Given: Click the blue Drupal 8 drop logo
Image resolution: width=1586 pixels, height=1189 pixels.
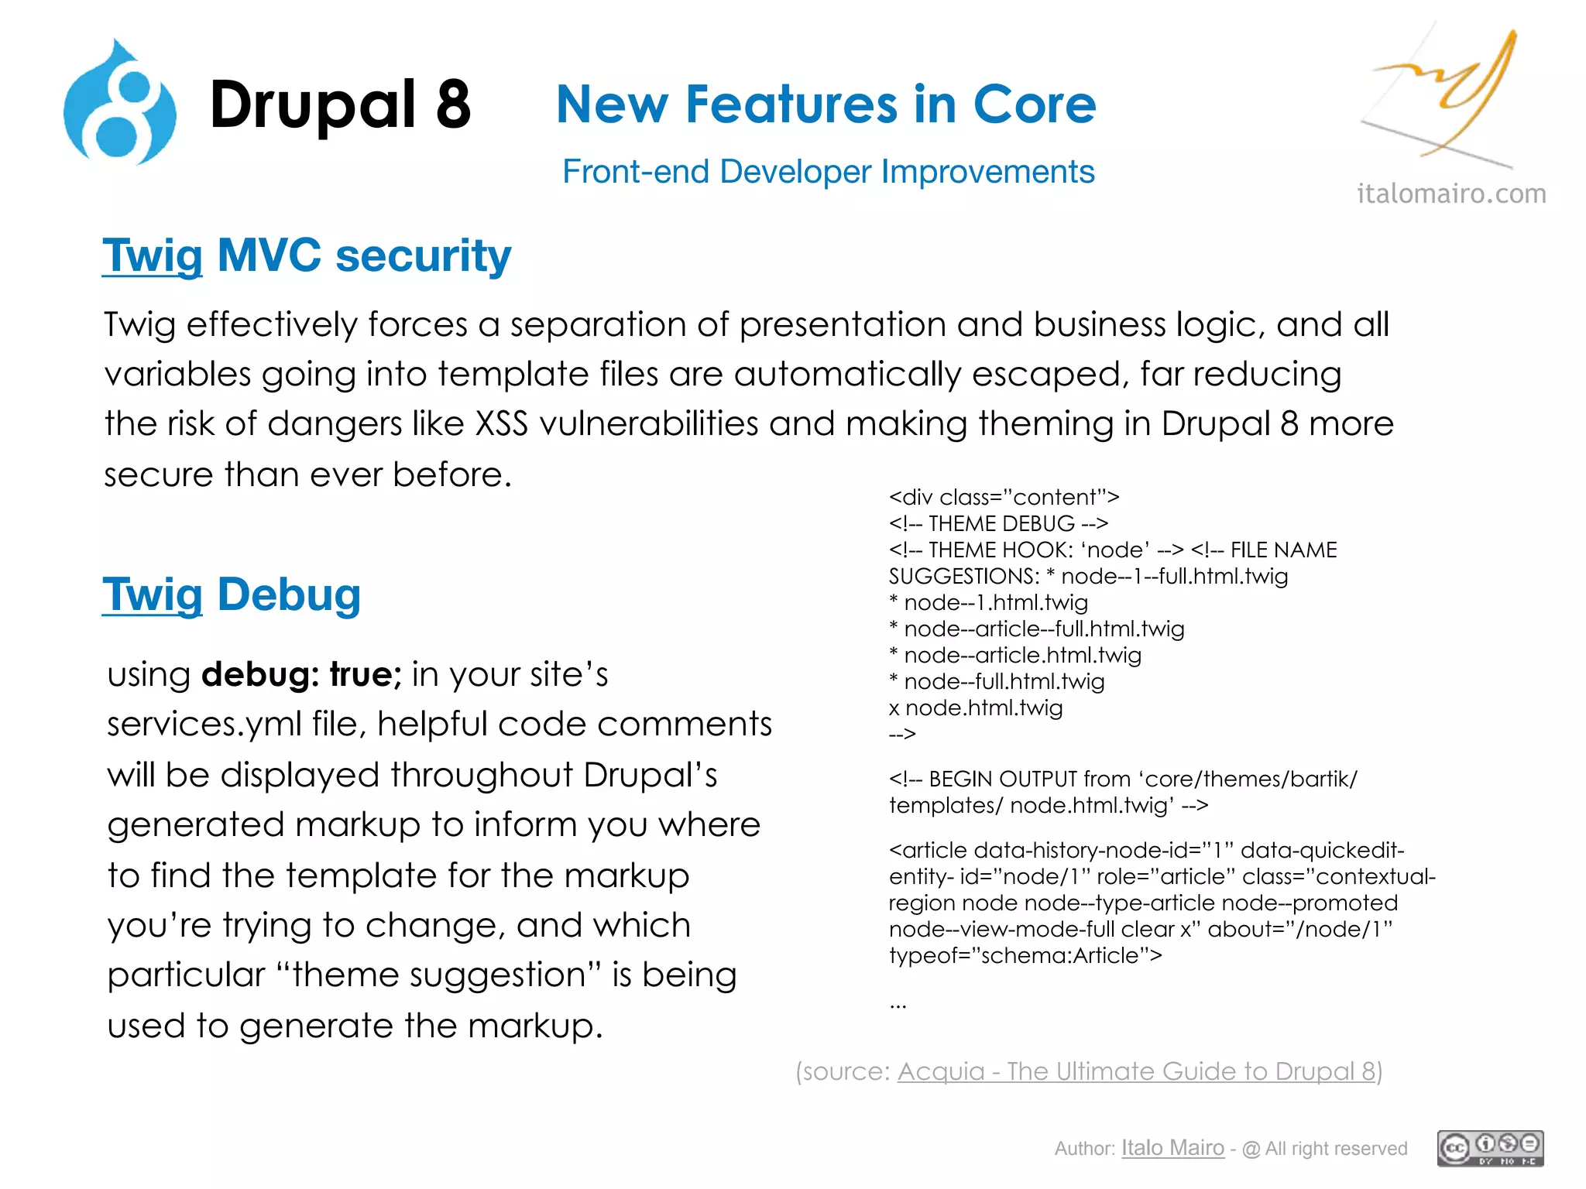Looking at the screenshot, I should pos(120,105).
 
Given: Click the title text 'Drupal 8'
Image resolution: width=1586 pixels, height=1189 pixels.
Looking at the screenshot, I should pos(340,105).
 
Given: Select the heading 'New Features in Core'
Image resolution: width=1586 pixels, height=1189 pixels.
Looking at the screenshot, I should pos(826,105).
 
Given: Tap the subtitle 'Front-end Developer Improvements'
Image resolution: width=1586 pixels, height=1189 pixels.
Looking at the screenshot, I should pos(828,172).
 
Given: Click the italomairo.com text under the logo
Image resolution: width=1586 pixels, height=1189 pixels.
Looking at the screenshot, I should pos(1451,194).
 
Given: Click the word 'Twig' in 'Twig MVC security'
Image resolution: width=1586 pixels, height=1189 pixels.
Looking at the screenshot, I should pos(153,255).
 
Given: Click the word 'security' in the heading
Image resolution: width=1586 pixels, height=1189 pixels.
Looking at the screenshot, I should pos(423,255).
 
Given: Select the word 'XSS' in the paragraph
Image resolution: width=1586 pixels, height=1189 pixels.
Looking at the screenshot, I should pos(501,424).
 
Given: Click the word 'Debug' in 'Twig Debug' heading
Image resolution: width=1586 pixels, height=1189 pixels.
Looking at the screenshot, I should pos(289,594).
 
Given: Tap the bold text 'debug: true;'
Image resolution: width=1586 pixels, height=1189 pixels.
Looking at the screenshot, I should pos(301,674).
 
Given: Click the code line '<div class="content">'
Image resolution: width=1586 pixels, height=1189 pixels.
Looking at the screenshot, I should pos(1004,497).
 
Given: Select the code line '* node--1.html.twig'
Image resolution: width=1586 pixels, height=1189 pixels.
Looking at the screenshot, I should pos(989,602).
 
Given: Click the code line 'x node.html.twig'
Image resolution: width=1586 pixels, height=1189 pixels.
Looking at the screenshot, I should pos(976,708).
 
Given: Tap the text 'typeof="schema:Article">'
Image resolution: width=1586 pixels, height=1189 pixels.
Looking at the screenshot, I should pos(1025,955).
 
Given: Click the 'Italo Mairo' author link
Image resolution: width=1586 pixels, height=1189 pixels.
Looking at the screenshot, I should pos(1172,1148).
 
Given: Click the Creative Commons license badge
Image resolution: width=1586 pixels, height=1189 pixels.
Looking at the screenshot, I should pos(1490,1148).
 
